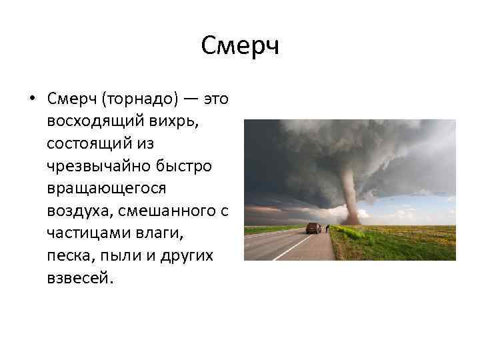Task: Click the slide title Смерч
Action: (x=239, y=47)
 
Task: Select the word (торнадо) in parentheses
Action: (x=140, y=99)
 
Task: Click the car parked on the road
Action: (x=313, y=228)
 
